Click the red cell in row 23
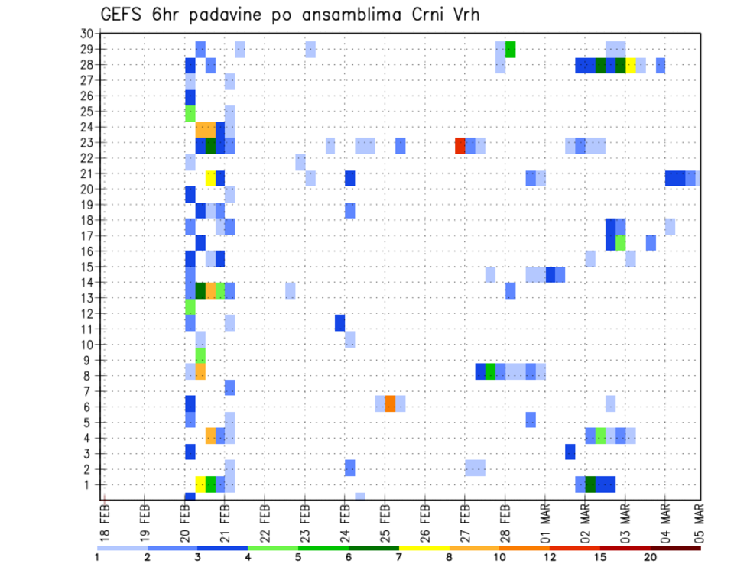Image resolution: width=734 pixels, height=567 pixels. pyautogui.click(x=460, y=145)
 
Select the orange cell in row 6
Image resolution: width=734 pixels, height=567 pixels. pyautogui.click(x=390, y=403)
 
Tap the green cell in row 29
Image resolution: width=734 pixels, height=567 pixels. pyautogui.click(x=510, y=49)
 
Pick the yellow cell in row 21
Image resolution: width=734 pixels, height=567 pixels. pyautogui.click(x=210, y=178)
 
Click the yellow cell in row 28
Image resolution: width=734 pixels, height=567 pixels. pyautogui.click(x=631, y=65)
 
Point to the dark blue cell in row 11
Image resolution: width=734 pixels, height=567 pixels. pyautogui.click(x=339, y=322)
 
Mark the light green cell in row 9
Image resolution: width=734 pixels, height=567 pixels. pyautogui.click(x=200, y=355)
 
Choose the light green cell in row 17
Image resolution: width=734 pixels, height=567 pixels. pyautogui.click(x=621, y=242)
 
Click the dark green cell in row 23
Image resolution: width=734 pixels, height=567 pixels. pyautogui.click(x=210, y=145)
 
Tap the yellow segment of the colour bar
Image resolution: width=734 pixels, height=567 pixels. pyautogui.click(x=424, y=548)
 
